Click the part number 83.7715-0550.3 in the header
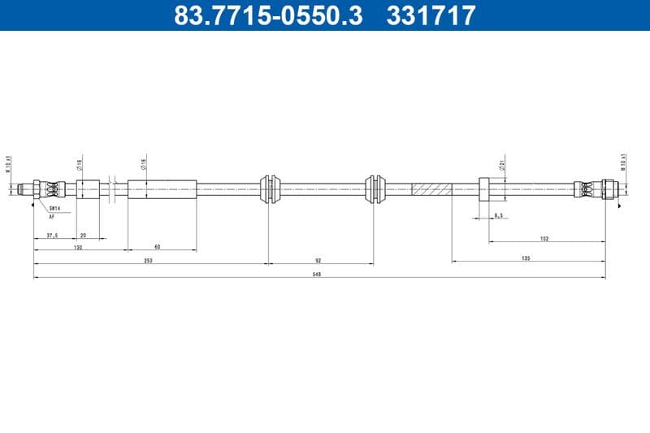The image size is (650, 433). pyautogui.click(x=268, y=15)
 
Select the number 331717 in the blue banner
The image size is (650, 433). pyautogui.click(x=430, y=15)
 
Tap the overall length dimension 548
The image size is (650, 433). pyautogui.click(x=318, y=275)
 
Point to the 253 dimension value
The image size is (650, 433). pyautogui.click(x=149, y=260)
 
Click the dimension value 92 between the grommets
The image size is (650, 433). pyautogui.click(x=318, y=260)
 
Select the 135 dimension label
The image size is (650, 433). pyautogui.click(x=526, y=258)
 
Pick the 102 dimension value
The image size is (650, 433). pyautogui.click(x=544, y=238)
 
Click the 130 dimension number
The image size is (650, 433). pyautogui.click(x=78, y=247)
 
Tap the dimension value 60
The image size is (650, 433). pyautogui.click(x=157, y=247)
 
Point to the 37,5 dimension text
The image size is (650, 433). pyautogui.click(x=53, y=236)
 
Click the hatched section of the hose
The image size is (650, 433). pyautogui.click(x=431, y=189)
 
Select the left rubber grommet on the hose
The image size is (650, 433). pyautogui.click(x=270, y=189)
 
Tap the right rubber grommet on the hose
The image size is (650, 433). pyautogui.click(x=374, y=189)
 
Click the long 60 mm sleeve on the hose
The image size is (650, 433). pyautogui.click(x=162, y=189)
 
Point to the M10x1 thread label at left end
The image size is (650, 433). pyautogui.click(x=8, y=164)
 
